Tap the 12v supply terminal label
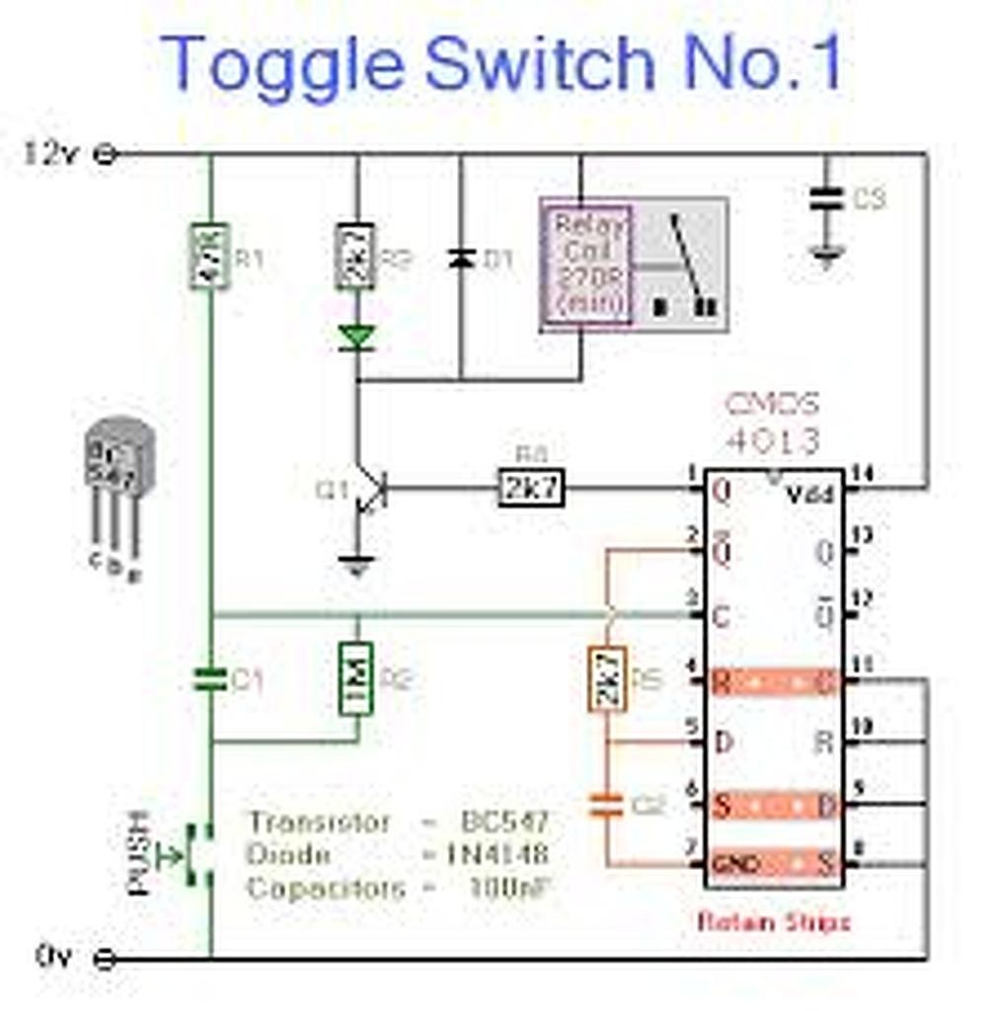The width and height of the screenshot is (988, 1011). click(49, 154)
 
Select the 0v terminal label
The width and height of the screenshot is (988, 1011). click(53, 956)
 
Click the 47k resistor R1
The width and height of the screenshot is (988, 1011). click(209, 256)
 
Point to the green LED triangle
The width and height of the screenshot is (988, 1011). click(356, 338)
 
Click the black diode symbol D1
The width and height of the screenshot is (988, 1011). click(459, 259)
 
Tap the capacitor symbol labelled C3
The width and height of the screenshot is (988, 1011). click(826, 197)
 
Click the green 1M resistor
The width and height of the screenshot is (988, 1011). click(356, 678)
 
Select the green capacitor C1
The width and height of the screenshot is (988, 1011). click(209, 678)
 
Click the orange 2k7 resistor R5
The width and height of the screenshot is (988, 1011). click(608, 679)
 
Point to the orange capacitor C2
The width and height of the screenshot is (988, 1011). click(608, 806)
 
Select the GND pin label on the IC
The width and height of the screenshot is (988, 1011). click(736, 866)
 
